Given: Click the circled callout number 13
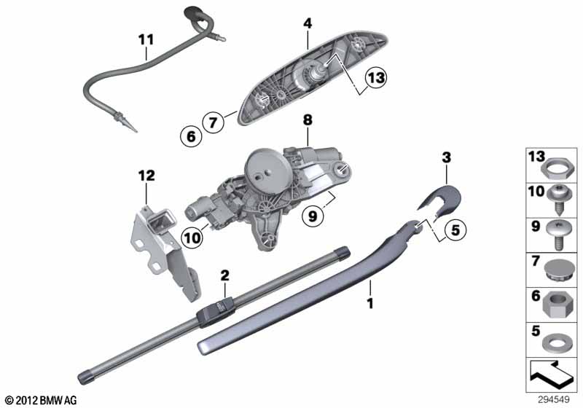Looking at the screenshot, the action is click(376, 78).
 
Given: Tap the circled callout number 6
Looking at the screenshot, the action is click(191, 136).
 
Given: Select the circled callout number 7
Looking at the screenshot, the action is click(213, 122).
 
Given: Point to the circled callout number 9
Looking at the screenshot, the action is click(313, 215).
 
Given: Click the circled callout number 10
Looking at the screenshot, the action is click(192, 238).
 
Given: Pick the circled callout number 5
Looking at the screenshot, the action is click(455, 230).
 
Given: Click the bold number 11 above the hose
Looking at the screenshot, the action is click(146, 40).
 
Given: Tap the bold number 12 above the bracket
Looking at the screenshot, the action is click(146, 176).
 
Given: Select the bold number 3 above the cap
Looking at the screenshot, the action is click(446, 157).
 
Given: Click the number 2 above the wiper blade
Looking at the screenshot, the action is click(224, 275).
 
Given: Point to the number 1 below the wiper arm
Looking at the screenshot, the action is click(370, 304).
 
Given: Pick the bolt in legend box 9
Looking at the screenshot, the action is click(557, 235).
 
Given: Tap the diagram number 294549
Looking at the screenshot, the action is click(554, 400).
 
